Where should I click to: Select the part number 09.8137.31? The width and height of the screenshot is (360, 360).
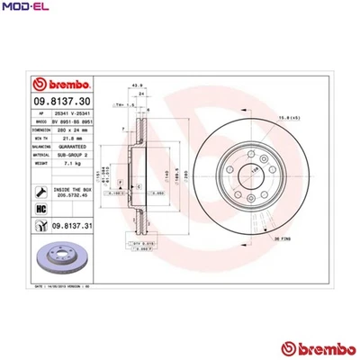[73, 226]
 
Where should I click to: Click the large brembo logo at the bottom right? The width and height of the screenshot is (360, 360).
[314, 347]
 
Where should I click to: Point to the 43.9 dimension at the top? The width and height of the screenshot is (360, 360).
[138, 85]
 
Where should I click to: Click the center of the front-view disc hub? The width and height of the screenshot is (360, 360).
[246, 167]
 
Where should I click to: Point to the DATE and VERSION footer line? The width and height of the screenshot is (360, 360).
[62, 283]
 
